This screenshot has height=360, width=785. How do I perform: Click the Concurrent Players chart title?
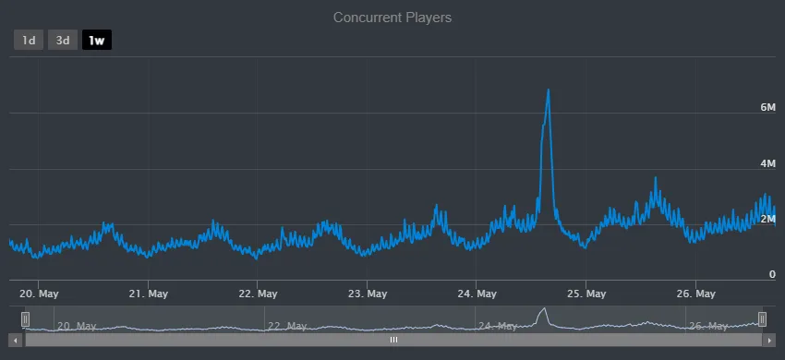pyautogui.click(x=392, y=18)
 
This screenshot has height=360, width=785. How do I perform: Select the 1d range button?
pyautogui.click(x=29, y=40)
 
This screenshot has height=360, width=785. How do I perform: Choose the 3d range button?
pyautogui.click(x=63, y=40)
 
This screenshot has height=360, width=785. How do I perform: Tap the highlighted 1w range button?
pyautogui.click(x=96, y=40)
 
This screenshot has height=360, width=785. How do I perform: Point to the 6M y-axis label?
pyautogui.click(x=767, y=108)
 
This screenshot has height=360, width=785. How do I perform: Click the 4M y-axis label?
pyautogui.click(x=767, y=163)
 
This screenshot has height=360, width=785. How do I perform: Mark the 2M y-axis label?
pyautogui.click(x=767, y=219)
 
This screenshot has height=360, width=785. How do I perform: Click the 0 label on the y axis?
pyautogui.click(x=772, y=275)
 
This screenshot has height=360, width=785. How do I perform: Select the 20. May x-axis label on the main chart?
pyautogui.click(x=40, y=294)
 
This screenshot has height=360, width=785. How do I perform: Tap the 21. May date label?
pyautogui.click(x=148, y=294)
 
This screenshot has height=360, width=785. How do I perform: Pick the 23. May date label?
pyautogui.click(x=367, y=294)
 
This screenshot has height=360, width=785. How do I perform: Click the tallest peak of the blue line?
pyautogui.click(x=549, y=90)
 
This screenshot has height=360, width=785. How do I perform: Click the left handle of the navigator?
pyautogui.click(x=26, y=318)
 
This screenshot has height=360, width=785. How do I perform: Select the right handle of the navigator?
pyautogui.click(x=762, y=318)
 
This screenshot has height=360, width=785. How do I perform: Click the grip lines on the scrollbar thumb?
pyautogui.click(x=393, y=340)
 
